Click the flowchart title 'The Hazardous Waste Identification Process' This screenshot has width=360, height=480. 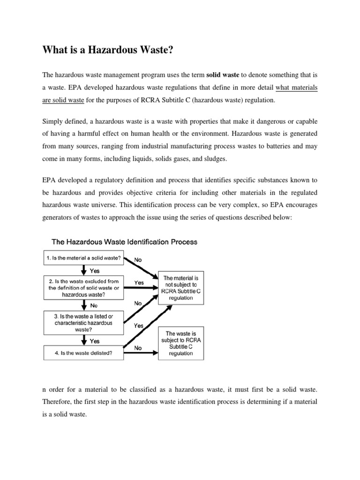click(x=124, y=242)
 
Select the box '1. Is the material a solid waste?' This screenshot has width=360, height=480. click(x=84, y=258)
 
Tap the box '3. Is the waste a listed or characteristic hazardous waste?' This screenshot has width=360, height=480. click(x=84, y=323)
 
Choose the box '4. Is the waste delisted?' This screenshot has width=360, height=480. click(x=84, y=353)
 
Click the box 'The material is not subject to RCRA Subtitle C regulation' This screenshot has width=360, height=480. click(x=181, y=288)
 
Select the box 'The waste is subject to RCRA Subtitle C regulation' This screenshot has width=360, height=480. click(x=181, y=344)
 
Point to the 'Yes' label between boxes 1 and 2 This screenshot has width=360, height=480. click(x=94, y=270)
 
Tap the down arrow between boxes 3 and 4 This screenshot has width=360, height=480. click(x=84, y=341)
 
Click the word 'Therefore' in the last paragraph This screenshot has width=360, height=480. click(x=59, y=402)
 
